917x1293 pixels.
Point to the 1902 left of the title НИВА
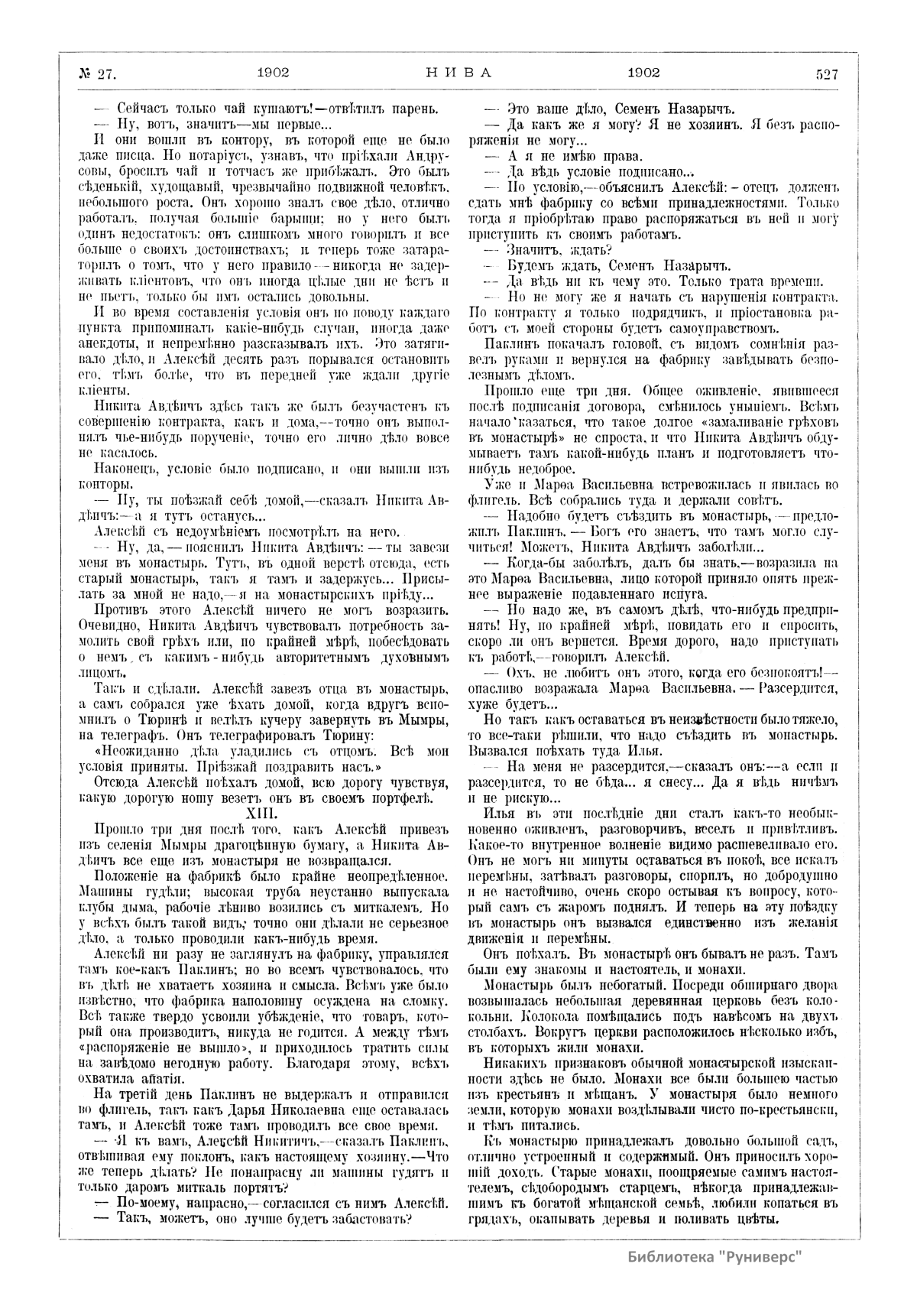[273, 73]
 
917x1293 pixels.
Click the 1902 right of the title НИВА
[643, 73]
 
